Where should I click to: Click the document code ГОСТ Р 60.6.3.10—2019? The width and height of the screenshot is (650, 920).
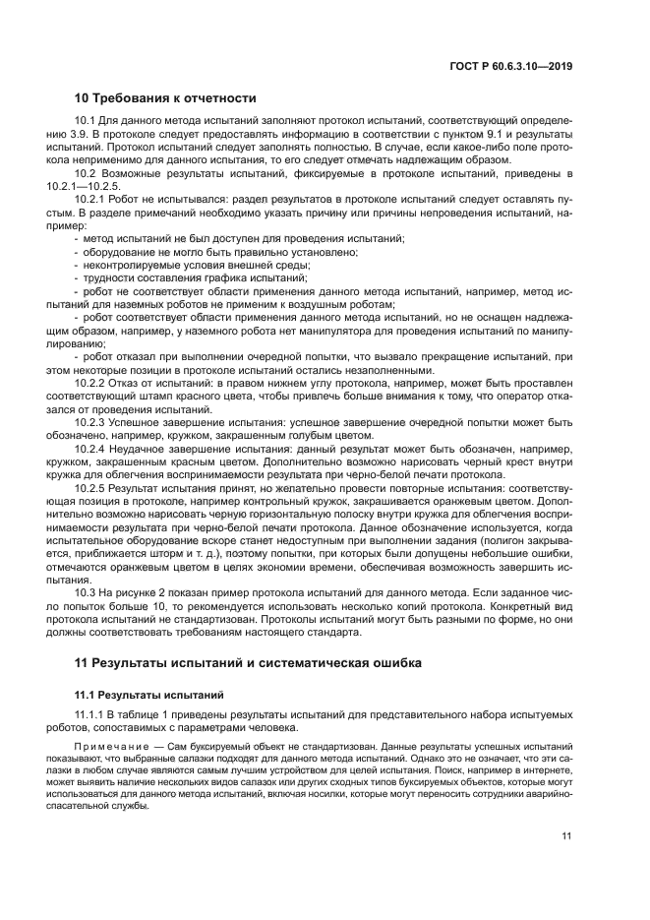(512, 66)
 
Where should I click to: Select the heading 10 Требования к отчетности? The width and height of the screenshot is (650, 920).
(165, 97)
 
